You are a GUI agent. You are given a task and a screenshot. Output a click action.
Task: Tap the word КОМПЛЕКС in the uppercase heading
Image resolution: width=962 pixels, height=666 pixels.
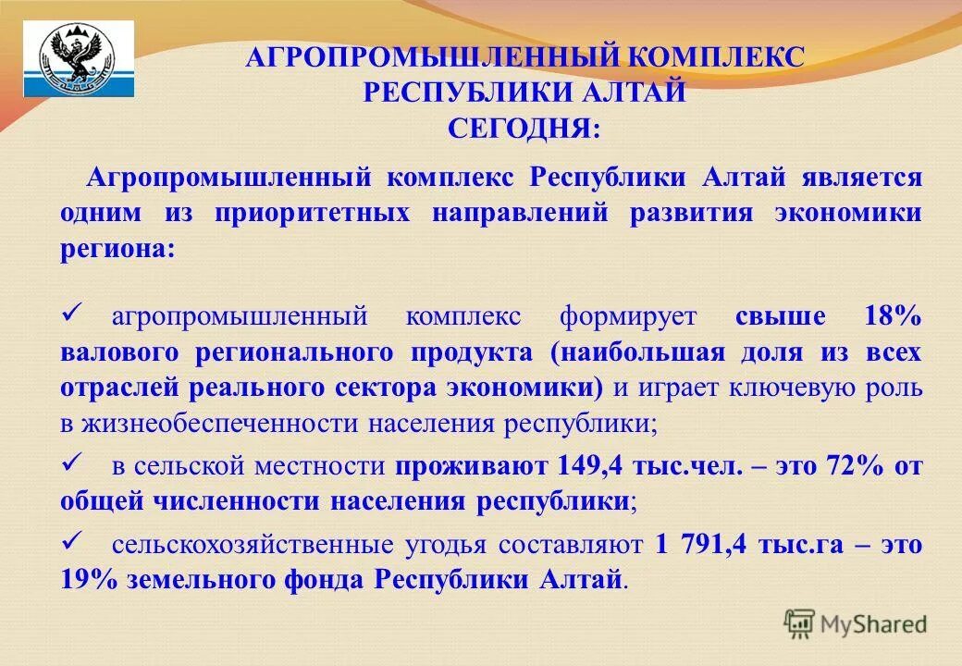(717, 57)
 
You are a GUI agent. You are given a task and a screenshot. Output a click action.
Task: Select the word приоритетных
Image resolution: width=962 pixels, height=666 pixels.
(312, 213)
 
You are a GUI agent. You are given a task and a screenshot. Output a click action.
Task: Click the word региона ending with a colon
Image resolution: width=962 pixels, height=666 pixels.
(117, 249)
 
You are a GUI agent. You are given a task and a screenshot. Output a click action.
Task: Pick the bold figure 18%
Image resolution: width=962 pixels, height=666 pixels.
(893, 317)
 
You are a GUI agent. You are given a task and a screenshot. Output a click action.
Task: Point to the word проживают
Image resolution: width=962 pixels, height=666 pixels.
(473, 466)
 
